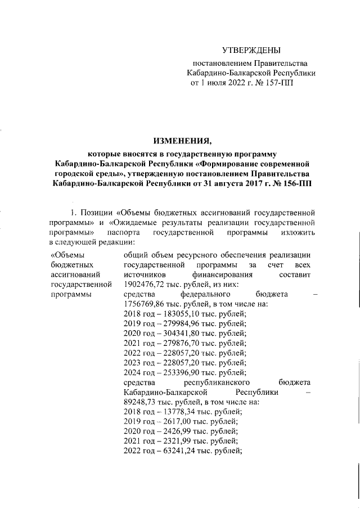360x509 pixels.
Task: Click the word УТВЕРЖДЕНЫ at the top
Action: click(x=250, y=51)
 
